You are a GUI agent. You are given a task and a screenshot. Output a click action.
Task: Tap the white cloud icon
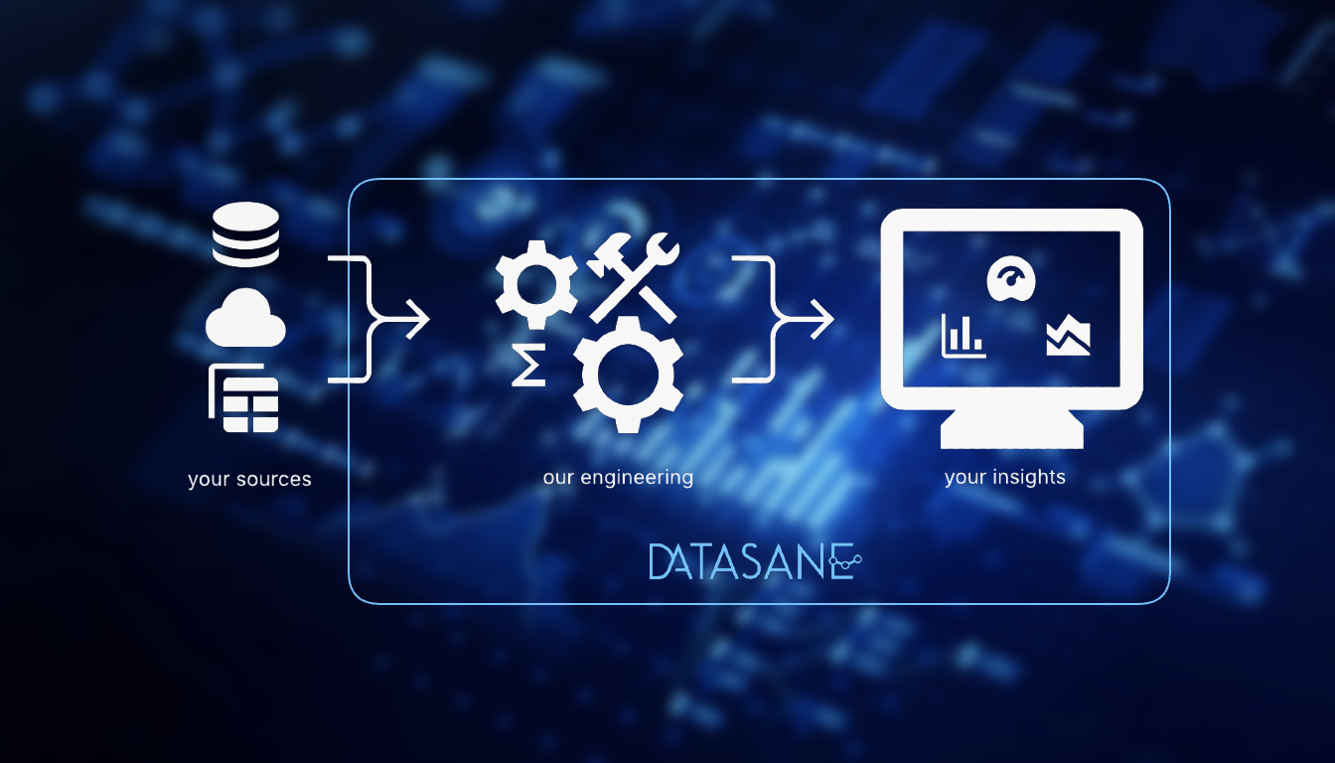point(245,320)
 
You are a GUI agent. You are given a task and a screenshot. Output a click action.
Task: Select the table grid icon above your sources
point(246,399)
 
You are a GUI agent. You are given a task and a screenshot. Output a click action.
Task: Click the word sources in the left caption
point(275,480)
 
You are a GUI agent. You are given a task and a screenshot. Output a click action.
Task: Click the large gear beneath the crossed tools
point(628,375)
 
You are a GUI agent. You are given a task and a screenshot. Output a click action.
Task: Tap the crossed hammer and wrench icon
point(633,279)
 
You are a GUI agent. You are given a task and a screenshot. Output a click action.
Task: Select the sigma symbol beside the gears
point(527,368)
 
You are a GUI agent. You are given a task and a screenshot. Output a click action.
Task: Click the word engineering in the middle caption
point(636,478)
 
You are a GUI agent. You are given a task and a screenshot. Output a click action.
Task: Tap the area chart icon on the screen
point(1068,337)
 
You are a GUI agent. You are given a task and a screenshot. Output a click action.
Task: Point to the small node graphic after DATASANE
point(845,563)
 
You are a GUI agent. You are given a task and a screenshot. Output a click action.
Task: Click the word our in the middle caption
point(558,478)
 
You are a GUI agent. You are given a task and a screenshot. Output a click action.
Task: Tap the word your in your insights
point(964,478)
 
